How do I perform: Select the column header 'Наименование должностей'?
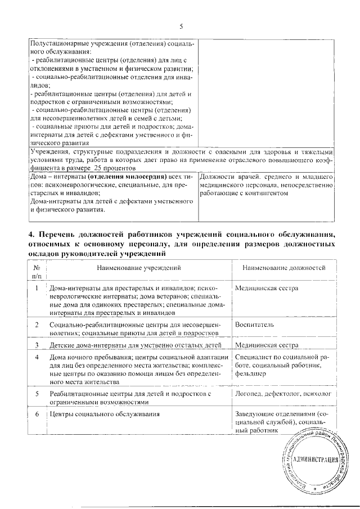285,269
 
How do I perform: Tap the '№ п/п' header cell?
37,273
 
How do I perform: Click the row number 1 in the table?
37,289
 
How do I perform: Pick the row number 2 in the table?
37,325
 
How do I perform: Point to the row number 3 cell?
37,345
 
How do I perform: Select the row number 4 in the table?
37,357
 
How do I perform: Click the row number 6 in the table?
37,415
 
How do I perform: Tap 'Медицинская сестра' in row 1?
267,289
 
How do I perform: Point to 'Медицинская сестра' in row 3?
267,345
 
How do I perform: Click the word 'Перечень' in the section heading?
58,234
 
